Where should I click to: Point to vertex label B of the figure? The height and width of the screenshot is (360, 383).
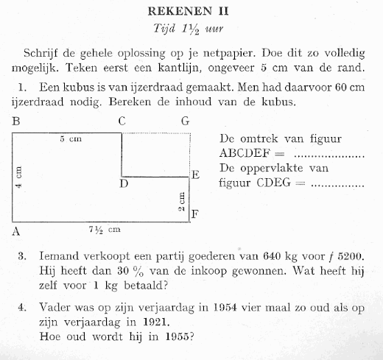pos(15,121)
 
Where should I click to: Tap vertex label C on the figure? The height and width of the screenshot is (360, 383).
pos(122,121)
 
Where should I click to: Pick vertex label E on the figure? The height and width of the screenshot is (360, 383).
pos(195,175)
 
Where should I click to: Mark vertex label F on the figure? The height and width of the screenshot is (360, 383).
pos(195,215)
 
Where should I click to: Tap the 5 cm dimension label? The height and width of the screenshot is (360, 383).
pos(70,139)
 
